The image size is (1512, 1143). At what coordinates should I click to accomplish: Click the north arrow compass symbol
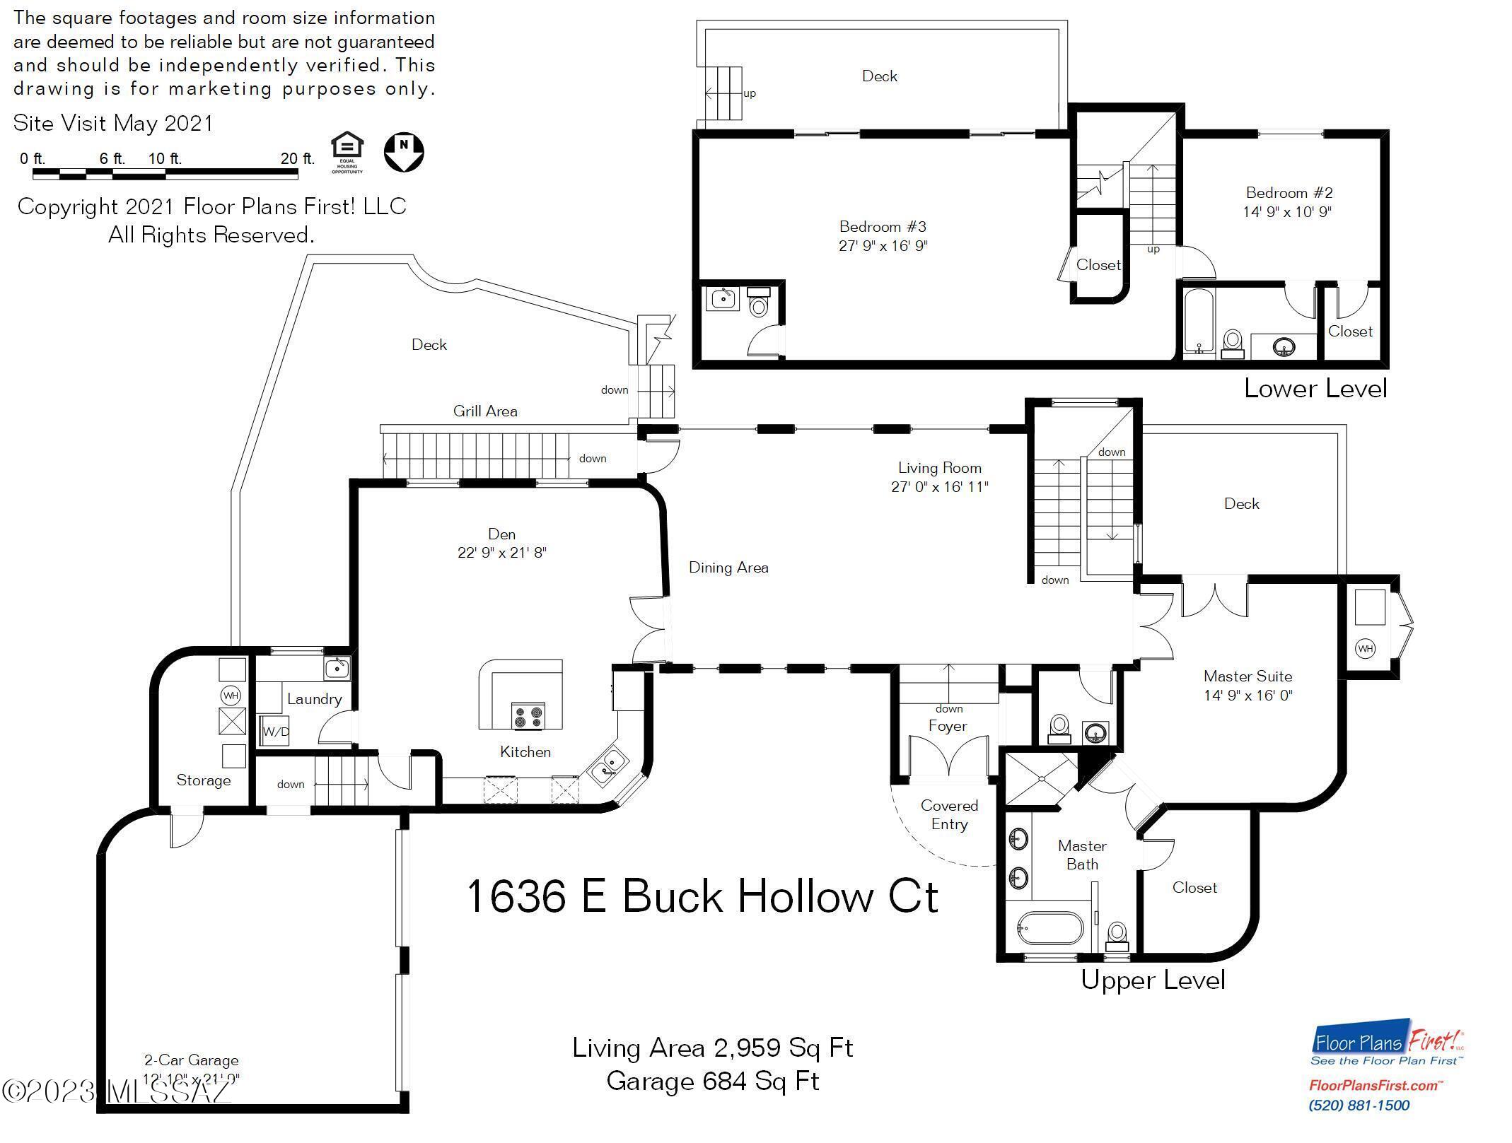click(404, 151)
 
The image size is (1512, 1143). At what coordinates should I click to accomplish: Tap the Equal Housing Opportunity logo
click(347, 152)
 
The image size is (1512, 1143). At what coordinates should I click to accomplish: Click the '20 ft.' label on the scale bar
click(297, 158)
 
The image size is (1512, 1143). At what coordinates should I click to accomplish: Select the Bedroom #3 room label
click(883, 227)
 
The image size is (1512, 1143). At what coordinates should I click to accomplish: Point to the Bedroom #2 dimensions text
click(1287, 211)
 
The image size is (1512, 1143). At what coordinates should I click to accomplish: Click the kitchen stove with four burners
click(528, 715)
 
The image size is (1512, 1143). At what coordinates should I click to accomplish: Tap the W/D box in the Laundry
click(276, 732)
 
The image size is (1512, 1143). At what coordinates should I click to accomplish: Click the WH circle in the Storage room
click(231, 696)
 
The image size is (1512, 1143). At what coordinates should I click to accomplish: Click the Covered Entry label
click(949, 815)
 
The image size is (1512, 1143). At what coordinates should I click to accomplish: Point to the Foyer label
click(947, 726)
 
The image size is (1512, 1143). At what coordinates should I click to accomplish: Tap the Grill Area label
click(485, 411)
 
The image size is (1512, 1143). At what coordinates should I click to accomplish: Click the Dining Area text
click(728, 568)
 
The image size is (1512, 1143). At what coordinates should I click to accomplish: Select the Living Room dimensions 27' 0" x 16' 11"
click(939, 486)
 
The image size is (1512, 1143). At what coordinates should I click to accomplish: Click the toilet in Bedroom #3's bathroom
click(758, 303)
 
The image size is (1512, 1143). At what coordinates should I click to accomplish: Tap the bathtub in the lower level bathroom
click(1199, 321)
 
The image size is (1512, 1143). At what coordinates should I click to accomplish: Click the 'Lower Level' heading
click(1315, 388)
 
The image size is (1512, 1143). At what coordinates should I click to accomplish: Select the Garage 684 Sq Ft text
click(712, 1081)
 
